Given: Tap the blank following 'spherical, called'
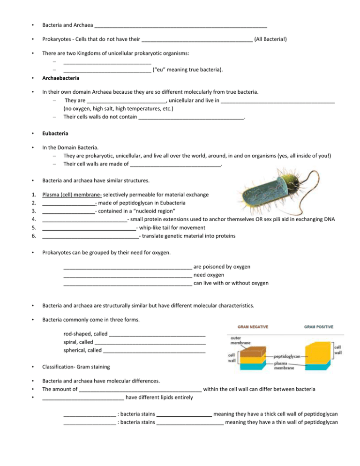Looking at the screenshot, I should point(154,350).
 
